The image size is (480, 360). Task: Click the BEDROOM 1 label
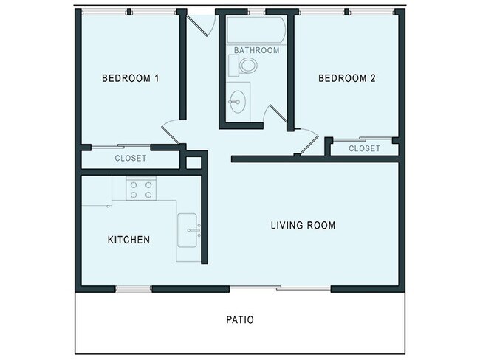130,78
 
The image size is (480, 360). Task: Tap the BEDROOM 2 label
347,78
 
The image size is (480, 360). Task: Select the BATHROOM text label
256,50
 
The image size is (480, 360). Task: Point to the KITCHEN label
129,240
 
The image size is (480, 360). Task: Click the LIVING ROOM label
303,225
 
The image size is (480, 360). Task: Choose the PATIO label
239,320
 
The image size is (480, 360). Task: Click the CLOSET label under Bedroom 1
130,159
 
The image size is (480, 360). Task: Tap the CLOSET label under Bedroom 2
364,148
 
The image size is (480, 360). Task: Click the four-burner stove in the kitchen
140,190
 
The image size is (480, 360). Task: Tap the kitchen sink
188,230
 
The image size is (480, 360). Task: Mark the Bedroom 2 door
306,141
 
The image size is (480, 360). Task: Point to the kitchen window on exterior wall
134,288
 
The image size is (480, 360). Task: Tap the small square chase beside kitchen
193,162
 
